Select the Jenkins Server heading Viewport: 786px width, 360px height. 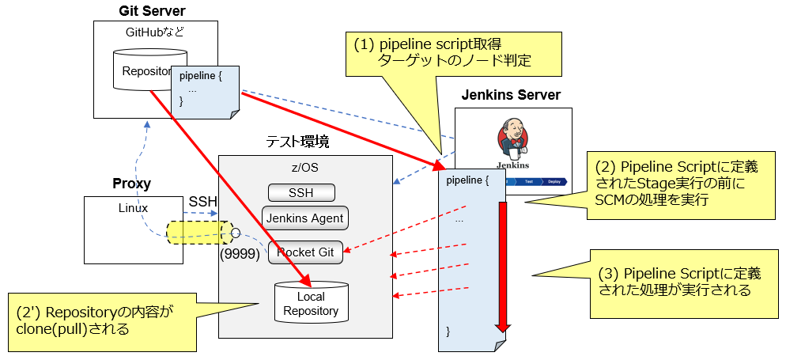coord(512,96)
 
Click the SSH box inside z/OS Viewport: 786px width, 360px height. coord(301,192)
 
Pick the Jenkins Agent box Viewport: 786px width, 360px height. coord(304,218)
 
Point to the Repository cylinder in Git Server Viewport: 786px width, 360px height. coord(146,70)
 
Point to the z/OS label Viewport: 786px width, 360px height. coord(305,169)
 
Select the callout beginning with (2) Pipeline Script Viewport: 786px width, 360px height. coord(679,184)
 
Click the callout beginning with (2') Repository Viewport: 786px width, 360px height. coord(102,320)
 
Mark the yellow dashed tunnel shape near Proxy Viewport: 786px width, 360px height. coord(198,233)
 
